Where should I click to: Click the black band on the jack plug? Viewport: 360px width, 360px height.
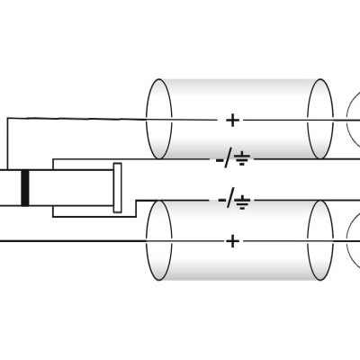(25, 187)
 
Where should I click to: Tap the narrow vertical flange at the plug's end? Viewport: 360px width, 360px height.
(117, 187)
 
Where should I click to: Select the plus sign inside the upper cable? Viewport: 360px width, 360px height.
(233, 120)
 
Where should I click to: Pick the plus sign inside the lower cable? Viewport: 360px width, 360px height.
(233, 241)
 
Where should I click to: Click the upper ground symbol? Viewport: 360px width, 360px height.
(244, 160)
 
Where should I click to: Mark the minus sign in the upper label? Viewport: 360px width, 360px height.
(221, 160)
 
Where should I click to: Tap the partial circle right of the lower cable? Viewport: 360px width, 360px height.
(352, 239)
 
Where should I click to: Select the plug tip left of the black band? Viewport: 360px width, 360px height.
(10, 187)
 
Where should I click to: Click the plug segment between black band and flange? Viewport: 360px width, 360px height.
(72, 187)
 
